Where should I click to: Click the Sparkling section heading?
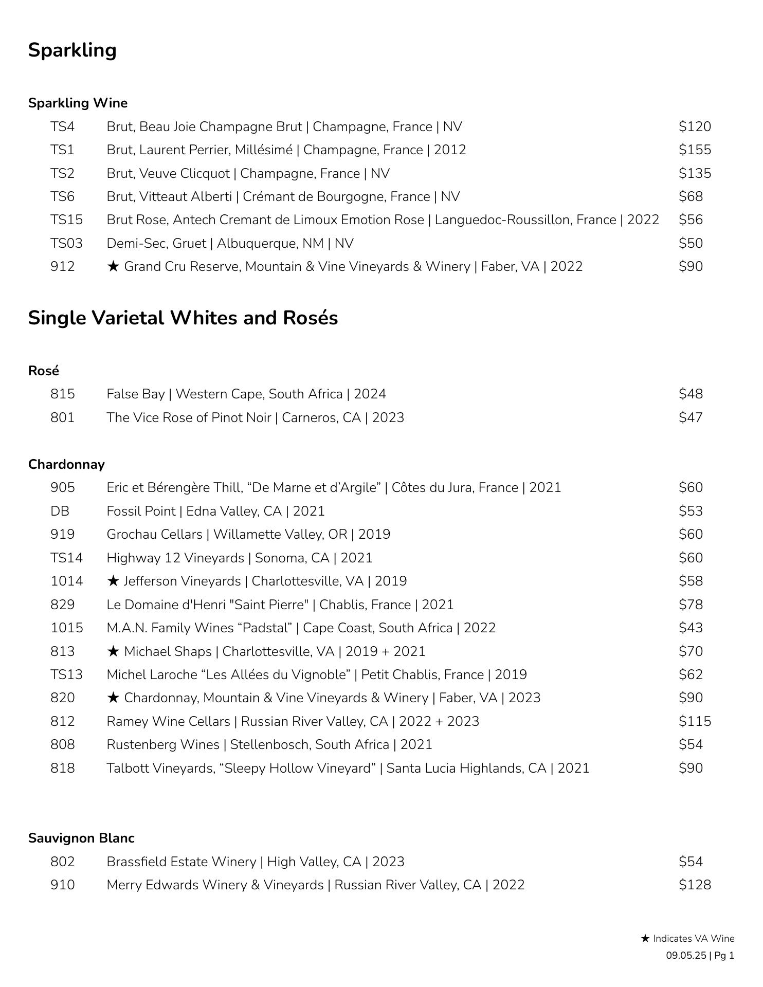(72, 50)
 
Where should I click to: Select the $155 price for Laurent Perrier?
(695, 150)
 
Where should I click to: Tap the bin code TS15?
(66, 220)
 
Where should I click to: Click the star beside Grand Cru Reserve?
(113, 266)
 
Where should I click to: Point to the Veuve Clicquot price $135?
(695, 173)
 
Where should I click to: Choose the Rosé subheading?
(44, 371)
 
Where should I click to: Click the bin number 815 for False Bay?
(62, 394)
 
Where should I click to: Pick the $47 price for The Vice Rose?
(691, 417)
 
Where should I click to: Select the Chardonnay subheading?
(66, 464)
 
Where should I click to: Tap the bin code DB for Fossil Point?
(60, 511)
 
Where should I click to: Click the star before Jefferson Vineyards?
(113, 581)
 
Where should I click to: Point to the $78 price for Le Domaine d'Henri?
(691, 605)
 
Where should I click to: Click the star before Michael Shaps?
(113, 651)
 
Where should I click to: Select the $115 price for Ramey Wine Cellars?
(695, 721)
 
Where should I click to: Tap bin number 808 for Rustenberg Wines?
(62, 745)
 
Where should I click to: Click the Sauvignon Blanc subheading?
(81, 838)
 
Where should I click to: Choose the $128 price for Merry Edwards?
(695, 885)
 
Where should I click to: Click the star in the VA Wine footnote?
(645, 939)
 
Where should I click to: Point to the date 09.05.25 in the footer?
(686, 956)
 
